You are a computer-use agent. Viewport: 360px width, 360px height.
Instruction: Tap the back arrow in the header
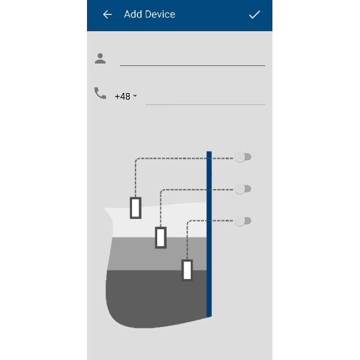107,14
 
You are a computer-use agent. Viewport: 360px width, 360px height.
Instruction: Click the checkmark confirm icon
254,14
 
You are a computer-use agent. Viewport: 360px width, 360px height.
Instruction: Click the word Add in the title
133,14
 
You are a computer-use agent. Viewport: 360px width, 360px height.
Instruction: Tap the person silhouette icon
100,59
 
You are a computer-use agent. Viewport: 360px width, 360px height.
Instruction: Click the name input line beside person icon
193,65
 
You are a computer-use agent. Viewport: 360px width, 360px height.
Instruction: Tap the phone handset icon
100,93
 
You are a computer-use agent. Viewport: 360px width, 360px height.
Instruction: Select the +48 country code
122,97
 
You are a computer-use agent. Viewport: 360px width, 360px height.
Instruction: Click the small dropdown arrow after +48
135,95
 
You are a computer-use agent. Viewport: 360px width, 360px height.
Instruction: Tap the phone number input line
205,104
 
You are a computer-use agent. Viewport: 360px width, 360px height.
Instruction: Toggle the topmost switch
242,157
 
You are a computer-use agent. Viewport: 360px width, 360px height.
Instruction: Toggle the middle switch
242,189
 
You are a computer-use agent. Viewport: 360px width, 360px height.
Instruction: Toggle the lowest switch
242,221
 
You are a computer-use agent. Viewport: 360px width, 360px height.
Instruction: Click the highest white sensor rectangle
136,208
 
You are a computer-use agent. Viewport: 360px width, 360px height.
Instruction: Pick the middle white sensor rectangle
161,238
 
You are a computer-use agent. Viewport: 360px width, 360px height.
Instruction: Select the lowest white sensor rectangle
187,270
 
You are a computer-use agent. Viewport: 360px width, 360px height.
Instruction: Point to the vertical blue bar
209,234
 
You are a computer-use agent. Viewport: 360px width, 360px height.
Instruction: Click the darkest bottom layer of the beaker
156,298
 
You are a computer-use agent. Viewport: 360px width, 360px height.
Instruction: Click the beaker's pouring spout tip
106,209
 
